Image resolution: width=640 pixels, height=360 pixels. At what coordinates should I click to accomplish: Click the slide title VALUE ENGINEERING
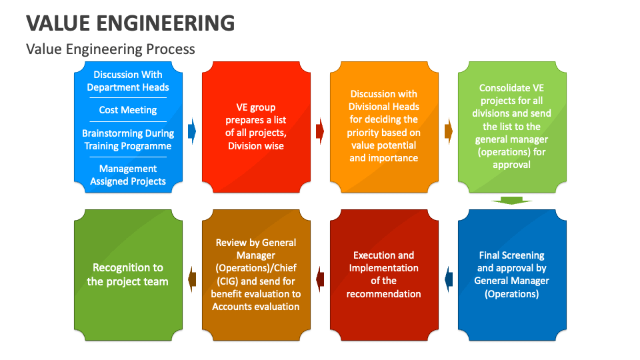coord(131,23)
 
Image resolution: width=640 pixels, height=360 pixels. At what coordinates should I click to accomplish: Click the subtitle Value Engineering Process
coord(111,49)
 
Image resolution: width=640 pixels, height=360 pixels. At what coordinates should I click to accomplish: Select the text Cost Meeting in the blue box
coord(128,110)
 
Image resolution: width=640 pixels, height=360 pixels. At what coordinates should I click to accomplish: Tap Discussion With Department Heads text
coord(128,81)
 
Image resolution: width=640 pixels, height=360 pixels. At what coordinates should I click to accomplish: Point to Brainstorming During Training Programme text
coord(127,140)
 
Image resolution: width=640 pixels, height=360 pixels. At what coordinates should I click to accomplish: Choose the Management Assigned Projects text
coord(128,175)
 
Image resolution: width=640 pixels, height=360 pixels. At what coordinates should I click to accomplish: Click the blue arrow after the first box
coord(192,131)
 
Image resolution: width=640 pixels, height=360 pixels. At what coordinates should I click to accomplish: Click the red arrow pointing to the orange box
coord(320,131)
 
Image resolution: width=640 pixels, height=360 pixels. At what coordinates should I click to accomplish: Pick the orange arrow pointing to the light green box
coord(448,131)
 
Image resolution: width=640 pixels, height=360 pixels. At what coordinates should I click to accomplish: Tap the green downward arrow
coord(512,200)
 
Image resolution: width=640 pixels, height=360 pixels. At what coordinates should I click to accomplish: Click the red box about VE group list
coord(256,127)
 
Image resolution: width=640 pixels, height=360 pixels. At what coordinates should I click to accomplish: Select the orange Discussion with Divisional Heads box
coord(384,127)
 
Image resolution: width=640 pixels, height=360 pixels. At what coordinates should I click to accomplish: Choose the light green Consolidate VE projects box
coord(512,127)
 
